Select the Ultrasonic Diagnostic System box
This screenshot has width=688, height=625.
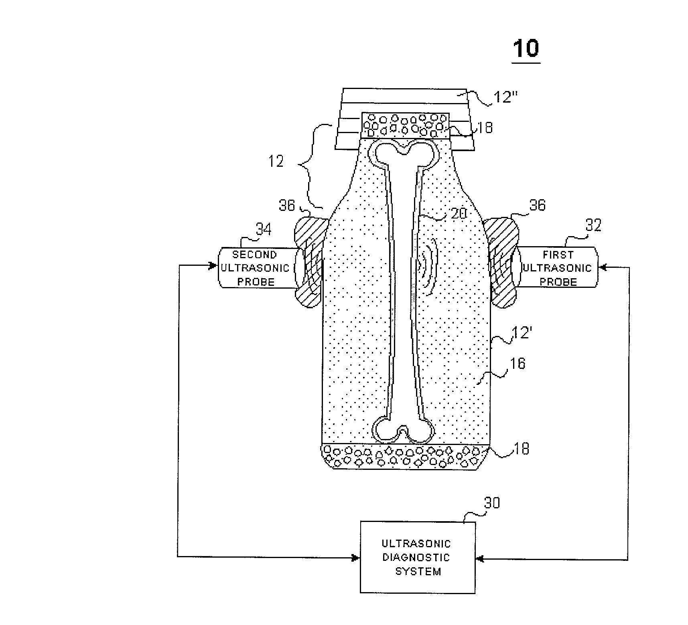click(417, 557)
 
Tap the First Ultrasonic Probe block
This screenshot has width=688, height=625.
click(557, 268)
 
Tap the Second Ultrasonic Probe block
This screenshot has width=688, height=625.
click(256, 268)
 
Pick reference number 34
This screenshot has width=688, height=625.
click(263, 229)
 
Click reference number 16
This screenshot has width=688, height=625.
click(517, 363)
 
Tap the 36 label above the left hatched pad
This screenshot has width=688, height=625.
click(286, 206)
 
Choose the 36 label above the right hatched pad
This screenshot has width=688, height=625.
click(538, 205)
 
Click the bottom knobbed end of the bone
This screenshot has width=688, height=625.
click(402, 432)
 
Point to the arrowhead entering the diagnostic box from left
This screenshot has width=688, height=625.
click(356, 557)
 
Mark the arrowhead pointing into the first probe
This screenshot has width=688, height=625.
click(602, 267)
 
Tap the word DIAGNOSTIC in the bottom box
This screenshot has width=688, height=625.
click(416, 557)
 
